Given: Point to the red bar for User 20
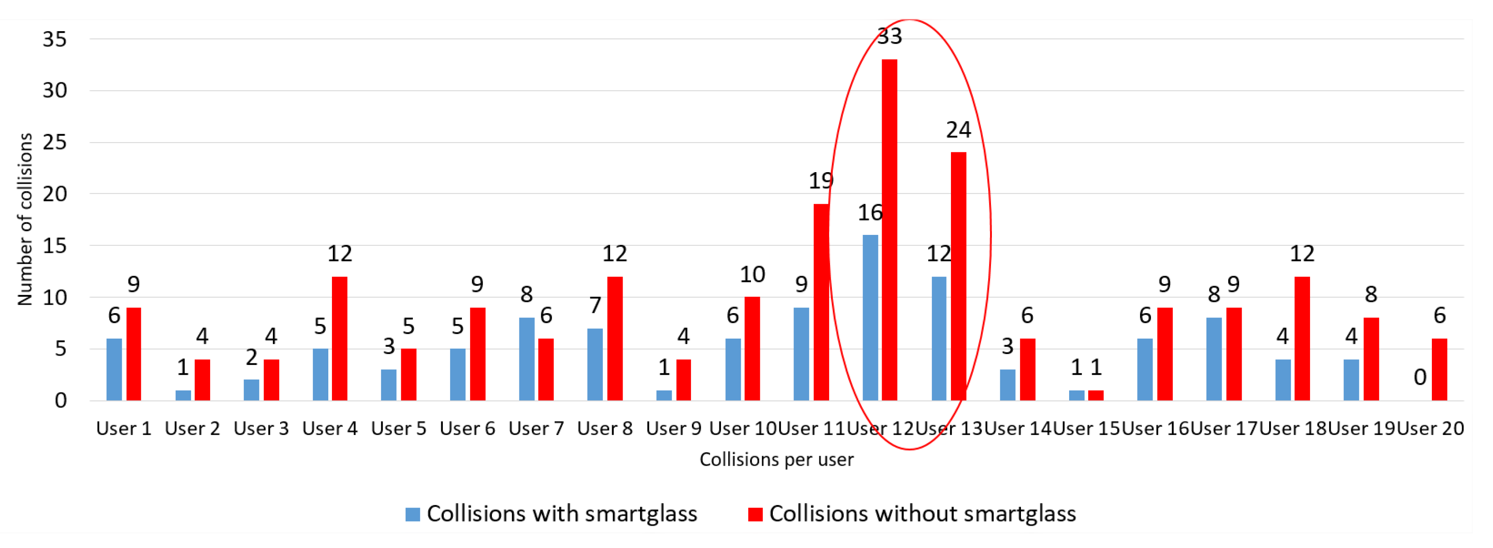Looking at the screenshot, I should point(1439,369).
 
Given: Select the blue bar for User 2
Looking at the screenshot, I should point(183,395).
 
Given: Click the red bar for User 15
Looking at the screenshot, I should point(1095,395).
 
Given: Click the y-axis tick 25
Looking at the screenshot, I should point(55,142).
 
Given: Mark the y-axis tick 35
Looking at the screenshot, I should point(55,39).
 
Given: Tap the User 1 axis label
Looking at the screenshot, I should point(123,429).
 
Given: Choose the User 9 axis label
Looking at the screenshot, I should point(674,429).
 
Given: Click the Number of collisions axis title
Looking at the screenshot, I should point(25,219).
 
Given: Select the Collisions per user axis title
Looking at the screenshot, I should point(776,460).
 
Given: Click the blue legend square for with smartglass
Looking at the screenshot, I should point(413,514).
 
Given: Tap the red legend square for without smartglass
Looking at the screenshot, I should point(755,514).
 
